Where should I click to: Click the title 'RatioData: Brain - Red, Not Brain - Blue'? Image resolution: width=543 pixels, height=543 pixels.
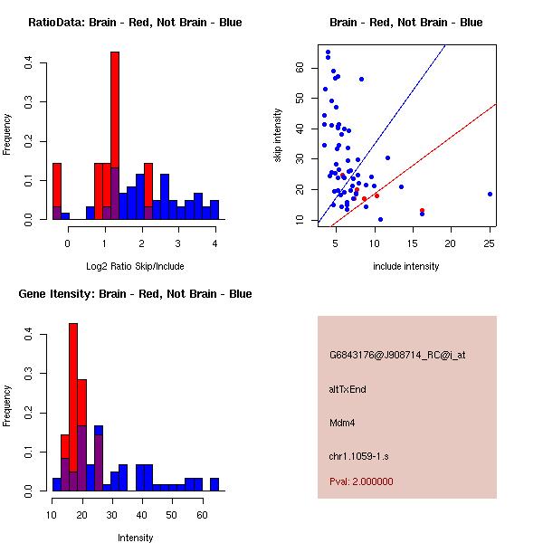(x=134, y=23)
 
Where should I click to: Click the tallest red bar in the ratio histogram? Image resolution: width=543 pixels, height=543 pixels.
(x=115, y=136)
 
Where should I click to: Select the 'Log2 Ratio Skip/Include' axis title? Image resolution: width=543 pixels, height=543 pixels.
(x=134, y=265)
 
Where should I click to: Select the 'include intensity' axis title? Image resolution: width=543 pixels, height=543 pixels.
(x=405, y=266)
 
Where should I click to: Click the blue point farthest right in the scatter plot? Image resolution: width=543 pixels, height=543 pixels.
(x=490, y=194)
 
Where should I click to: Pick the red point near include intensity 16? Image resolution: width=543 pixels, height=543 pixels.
(x=422, y=210)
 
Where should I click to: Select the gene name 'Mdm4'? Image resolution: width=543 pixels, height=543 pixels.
(x=341, y=422)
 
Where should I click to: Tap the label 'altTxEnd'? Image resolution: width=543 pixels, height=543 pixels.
(x=348, y=389)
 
